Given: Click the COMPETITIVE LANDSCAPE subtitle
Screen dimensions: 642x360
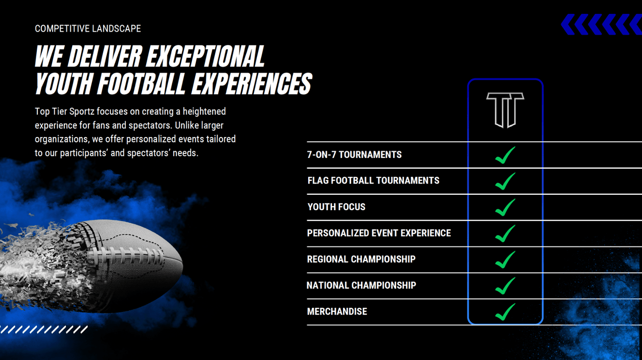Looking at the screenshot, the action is pyautogui.click(x=88, y=29).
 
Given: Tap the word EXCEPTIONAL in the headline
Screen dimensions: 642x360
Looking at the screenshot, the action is pyautogui.click(x=205, y=56).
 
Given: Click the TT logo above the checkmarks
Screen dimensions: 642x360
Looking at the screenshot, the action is pyautogui.click(x=505, y=110).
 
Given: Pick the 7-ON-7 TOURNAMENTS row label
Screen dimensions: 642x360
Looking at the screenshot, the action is pyautogui.click(x=354, y=155).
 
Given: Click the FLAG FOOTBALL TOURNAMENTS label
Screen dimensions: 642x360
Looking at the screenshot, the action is pyautogui.click(x=373, y=181).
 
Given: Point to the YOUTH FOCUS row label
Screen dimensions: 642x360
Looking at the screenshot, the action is pyautogui.click(x=336, y=207).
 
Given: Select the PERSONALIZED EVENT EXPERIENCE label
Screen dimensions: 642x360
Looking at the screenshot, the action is pyautogui.click(x=379, y=233).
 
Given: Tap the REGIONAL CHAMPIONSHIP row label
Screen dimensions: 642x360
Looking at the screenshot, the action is pyautogui.click(x=361, y=259).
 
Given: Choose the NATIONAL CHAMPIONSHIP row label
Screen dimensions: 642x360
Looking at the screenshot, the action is pyautogui.click(x=361, y=285).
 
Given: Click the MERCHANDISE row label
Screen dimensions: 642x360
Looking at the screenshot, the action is pyautogui.click(x=337, y=311).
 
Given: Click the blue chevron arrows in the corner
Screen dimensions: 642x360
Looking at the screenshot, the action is pyautogui.click(x=601, y=25).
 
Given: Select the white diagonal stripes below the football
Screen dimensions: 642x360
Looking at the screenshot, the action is pyautogui.click(x=43, y=329).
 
